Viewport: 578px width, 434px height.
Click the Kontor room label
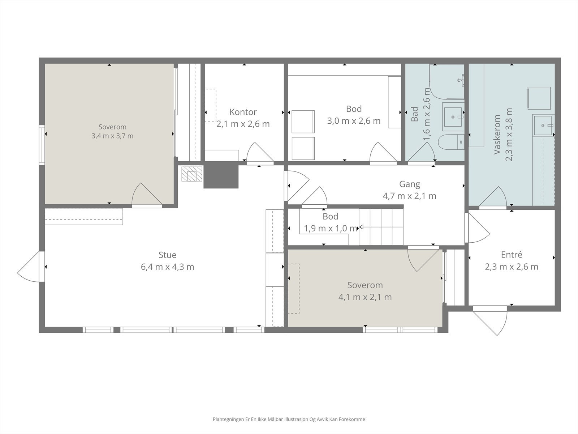[243, 112]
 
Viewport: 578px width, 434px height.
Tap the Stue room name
[168, 255]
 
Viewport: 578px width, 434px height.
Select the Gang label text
[409, 184]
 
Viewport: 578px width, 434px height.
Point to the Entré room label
[512, 255]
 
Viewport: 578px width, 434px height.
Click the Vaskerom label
[497, 135]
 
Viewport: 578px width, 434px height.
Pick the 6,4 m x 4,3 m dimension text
[168, 267]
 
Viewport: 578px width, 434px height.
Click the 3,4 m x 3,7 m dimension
[112, 136]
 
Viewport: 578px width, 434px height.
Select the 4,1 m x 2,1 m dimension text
[365, 297]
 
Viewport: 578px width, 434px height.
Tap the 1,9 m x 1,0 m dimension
[331, 228]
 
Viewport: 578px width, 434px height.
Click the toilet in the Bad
[451, 142]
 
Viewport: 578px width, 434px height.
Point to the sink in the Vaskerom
[543, 125]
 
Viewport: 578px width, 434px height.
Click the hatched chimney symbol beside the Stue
[192, 174]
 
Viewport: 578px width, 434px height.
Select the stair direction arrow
[381, 227]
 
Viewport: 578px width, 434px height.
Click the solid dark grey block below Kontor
[221, 175]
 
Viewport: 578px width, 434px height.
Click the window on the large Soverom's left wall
[42, 145]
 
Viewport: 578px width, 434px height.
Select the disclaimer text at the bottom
[289, 419]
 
